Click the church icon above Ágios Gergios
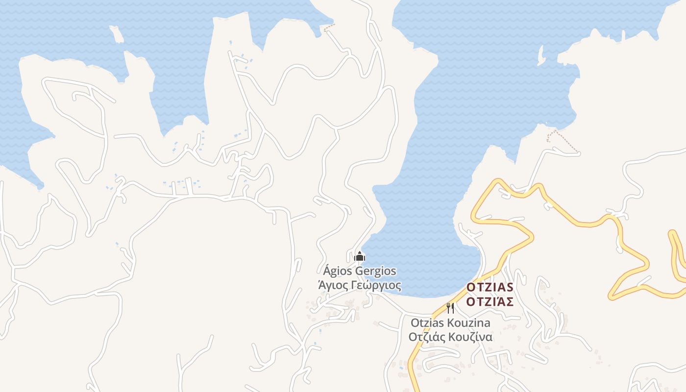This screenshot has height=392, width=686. (360, 256)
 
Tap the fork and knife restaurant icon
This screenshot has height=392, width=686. (450, 308)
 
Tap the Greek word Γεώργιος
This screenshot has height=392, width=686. (376, 286)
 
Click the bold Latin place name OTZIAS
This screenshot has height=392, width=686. (490, 287)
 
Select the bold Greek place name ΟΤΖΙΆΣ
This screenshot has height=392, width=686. (490, 301)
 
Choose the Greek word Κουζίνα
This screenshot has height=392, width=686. (470, 337)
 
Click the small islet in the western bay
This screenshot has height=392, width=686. (117, 34)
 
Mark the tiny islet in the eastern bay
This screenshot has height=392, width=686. (541, 55)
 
